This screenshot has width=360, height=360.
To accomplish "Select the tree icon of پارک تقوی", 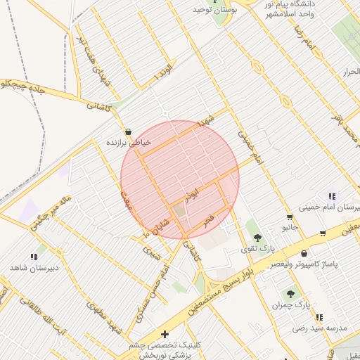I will (x=257, y=237).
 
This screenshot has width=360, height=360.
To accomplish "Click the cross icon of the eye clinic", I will (x=165, y=334).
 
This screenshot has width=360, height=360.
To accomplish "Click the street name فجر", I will (x=207, y=221).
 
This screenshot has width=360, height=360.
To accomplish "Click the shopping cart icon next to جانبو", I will (x=290, y=217).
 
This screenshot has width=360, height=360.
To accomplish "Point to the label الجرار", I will (x=349, y=72).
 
